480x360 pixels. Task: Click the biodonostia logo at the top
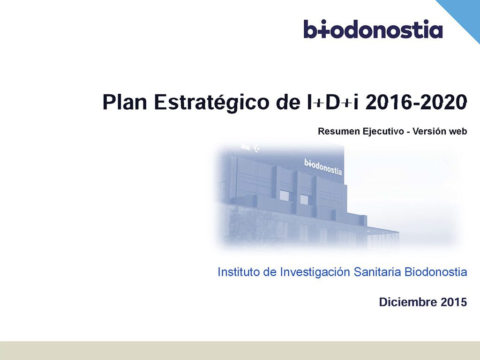373,29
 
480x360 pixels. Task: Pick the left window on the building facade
284,195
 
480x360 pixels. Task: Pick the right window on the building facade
304,199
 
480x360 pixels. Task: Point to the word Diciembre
408,302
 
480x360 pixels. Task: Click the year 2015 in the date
454,302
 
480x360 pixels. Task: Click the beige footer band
240,351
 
